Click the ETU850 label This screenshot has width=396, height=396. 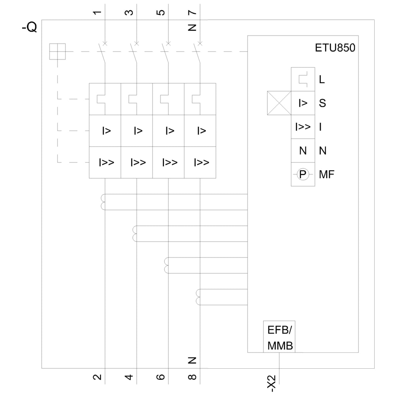[x=335, y=48]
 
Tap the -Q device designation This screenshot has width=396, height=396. [x=29, y=28]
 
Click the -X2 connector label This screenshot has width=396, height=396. [x=272, y=383]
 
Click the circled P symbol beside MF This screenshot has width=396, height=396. [x=303, y=174]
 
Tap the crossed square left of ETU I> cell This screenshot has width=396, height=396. [x=279, y=103]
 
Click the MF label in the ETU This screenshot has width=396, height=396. [x=327, y=174]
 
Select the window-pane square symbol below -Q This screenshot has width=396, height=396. [x=57, y=51]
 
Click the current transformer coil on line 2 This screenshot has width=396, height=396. [x=103, y=202]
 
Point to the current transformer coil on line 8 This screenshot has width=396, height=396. [x=198, y=297]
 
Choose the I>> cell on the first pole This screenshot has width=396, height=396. [x=105, y=162]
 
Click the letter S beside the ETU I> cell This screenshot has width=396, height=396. [x=322, y=103]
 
